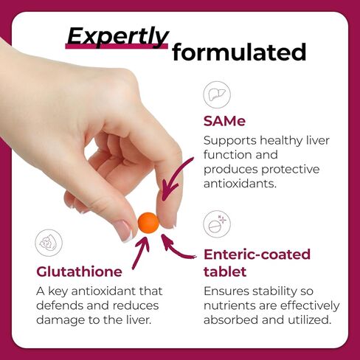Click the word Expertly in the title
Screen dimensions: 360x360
click(x=118, y=37)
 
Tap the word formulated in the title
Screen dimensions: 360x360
click(x=239, y=52)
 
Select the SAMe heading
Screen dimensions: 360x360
click(x=224, y=121)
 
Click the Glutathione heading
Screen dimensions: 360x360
click(x=79, y=272)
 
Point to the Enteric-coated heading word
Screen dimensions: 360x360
click(x=257, y=255)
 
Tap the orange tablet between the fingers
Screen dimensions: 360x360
click(x=148, y=223)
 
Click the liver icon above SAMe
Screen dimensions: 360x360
click(x=217, y=94)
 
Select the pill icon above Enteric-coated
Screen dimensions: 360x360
click(x=217, y=224)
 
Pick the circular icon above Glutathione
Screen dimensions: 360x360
click(x=49, y=243)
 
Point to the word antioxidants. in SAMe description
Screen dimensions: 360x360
click(x=240, y=184)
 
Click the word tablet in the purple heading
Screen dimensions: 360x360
click(x=225, y=272)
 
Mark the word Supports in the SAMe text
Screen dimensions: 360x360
click(x=230, y=141)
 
